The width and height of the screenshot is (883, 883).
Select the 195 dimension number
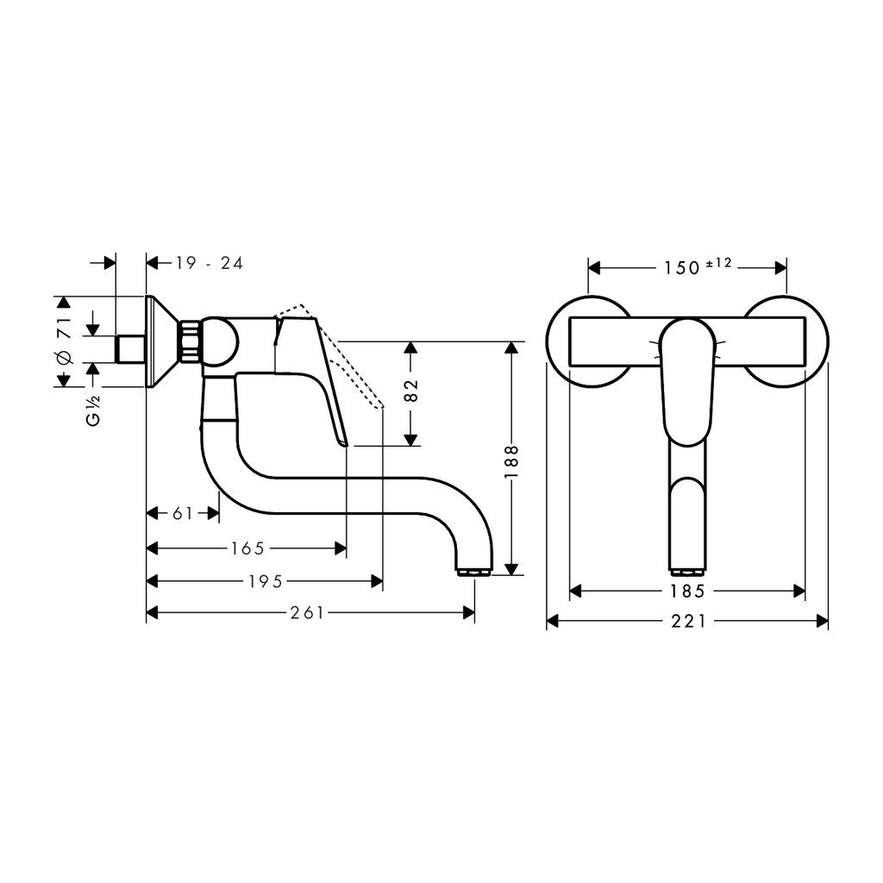pyautogui.click(x=266, y=581)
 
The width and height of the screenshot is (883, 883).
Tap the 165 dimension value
pyautogui.click(x=247, y=548)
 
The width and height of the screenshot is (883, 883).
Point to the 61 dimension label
pyautogui.click(x=183, y=514)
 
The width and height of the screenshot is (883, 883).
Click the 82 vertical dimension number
pyautogui.click(x=411, y=391)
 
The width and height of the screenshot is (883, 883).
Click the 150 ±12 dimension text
pyautogui.click(x=697, y=266)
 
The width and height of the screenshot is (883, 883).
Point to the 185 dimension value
pyautogui.click(x=687, y=592)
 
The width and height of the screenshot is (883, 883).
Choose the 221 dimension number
pyautogui.click(x=687, y=621)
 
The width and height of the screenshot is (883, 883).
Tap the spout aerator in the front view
pyautogui.click(x=686, y=570)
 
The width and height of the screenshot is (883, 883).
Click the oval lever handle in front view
pyautogui.click(x=686, y=379)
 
